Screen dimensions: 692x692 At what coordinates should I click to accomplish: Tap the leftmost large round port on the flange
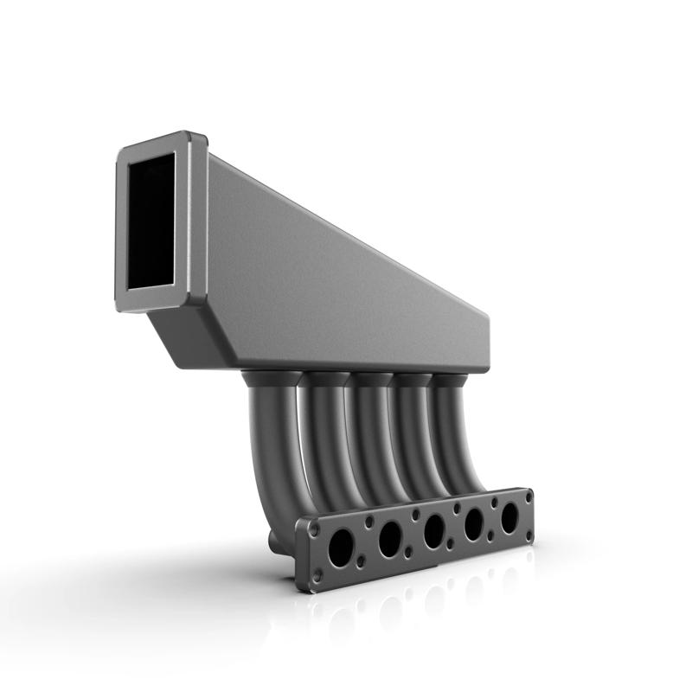(341, 548)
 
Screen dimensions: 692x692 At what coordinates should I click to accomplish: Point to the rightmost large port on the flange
(509, 516)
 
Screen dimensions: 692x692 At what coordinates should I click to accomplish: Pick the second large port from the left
(390, 538)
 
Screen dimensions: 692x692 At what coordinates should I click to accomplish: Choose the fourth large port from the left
(474, 522)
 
